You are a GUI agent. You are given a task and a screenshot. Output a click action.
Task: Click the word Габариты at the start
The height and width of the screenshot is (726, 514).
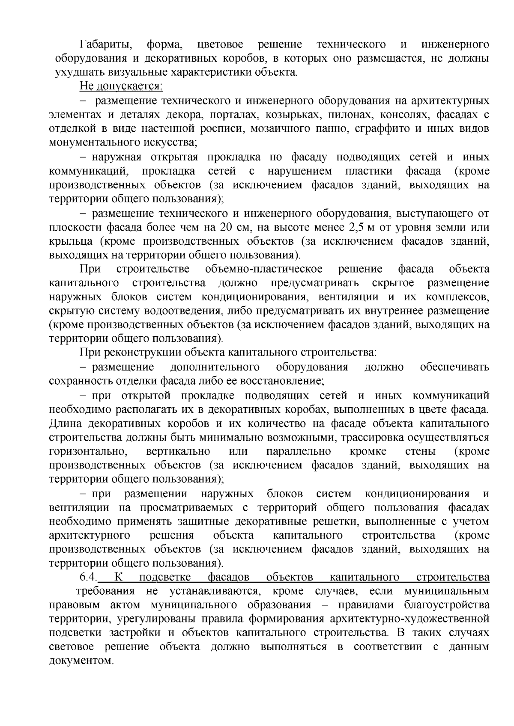click(105, 44)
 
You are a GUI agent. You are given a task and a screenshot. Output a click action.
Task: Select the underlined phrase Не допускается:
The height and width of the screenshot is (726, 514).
click(121, 86)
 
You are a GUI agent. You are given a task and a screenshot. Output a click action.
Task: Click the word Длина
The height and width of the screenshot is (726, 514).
click(66, 424)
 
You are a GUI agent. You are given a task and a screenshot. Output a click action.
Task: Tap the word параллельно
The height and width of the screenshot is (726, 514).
click(299, 451)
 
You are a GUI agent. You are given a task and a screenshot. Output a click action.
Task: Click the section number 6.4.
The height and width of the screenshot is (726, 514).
click(89, 577)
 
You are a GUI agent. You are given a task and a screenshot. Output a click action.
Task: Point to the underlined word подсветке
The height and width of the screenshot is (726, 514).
click(165, 577)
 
